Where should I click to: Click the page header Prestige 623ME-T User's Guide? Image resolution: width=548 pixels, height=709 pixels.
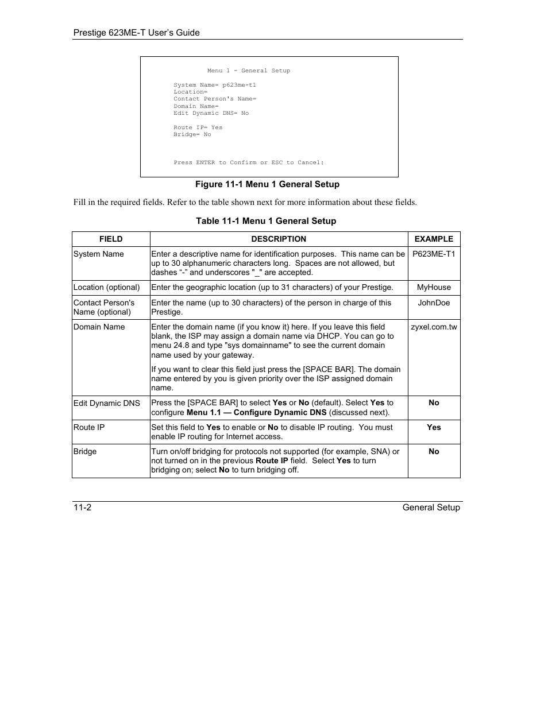click(x=136, y=33)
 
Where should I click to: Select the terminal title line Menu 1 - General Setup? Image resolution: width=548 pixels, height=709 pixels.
click(x=249, y=71)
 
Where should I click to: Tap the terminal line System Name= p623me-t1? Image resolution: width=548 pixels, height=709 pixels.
click(x=215, y=85)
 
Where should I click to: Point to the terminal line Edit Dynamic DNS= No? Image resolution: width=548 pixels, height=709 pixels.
click(x=211, y=113)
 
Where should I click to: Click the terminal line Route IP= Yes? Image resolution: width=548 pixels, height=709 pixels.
click(x=198, y=127)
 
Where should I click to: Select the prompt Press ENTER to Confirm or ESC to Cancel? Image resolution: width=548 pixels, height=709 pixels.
click(x=249, y=162)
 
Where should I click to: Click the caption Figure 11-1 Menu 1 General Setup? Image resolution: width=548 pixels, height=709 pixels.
click(x=267, y=184)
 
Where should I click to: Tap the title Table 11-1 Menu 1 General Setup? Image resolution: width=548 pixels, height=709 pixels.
click(x=266, y=221)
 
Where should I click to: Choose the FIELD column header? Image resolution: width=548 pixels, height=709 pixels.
click(x=111, y=239)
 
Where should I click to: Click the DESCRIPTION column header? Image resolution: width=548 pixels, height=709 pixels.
click(x=279, y=239)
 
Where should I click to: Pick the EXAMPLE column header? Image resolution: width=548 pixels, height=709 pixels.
click(x=434, y=239)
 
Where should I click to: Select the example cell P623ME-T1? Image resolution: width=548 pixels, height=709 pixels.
click(x=434, y=254)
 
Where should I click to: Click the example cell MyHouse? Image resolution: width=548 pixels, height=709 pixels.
click(x=434, y=287)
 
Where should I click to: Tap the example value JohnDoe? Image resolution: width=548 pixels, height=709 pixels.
click(x=434, y=303)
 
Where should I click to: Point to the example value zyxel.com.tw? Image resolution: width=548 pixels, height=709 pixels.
click(x=434, y=327)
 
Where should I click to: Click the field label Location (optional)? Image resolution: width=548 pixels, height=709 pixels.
click(x=106, y=287)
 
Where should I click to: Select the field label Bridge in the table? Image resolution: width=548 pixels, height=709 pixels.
click(x=85, y=451)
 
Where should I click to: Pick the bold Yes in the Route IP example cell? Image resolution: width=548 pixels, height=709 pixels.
click(x=434, y=427)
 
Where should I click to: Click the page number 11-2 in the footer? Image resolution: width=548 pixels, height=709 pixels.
click(x=82, y=507)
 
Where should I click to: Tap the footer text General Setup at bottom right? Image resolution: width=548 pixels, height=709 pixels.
click(x=431, y=507)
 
